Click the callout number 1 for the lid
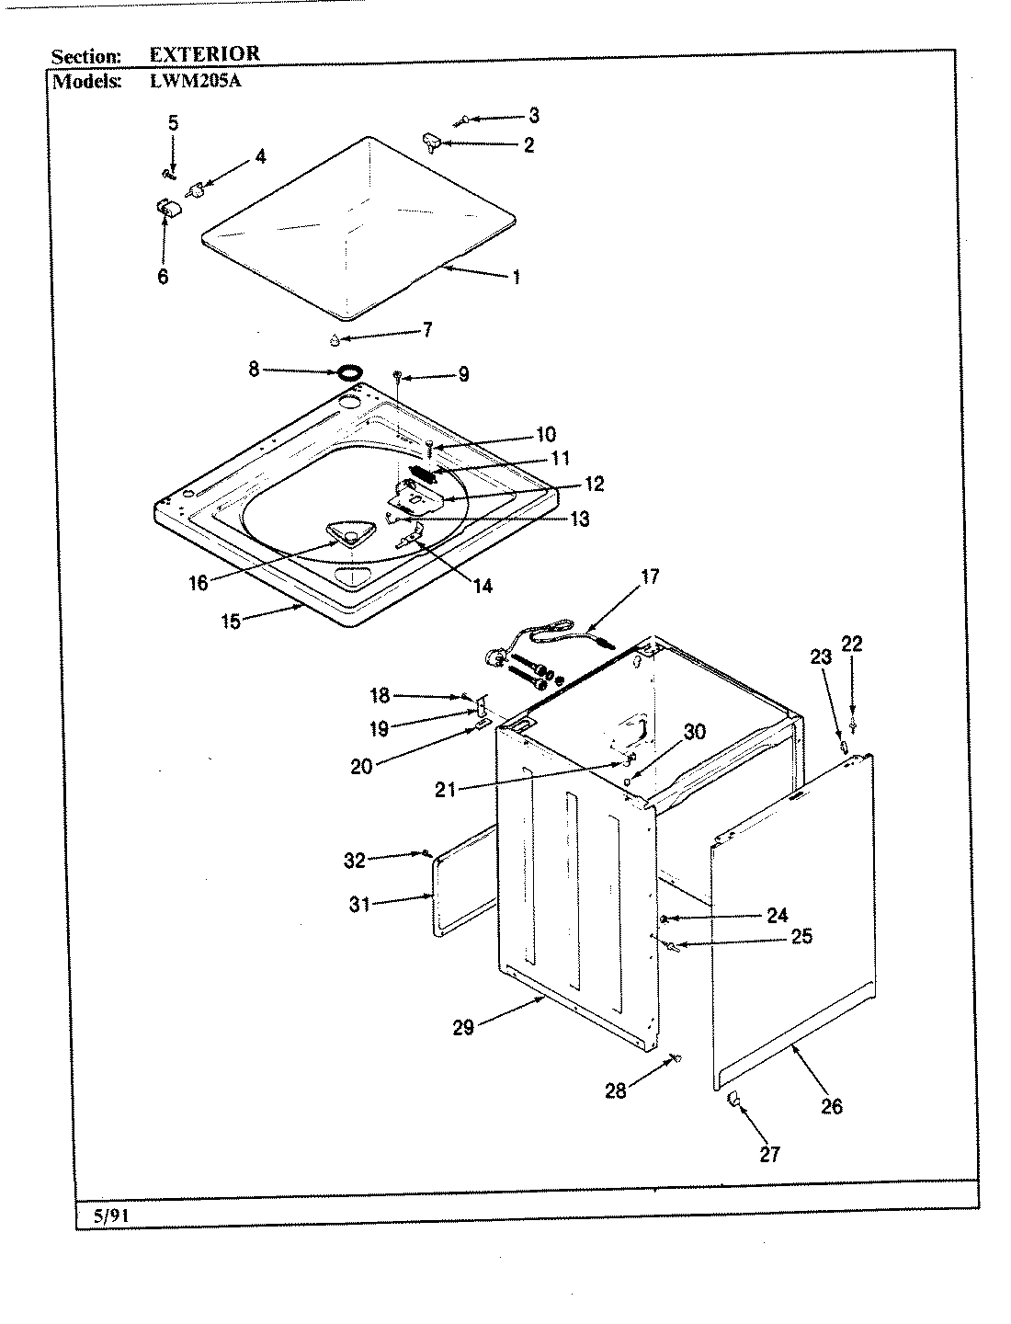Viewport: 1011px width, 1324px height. [516, 277]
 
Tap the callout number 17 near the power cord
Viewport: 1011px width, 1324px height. [650, 577]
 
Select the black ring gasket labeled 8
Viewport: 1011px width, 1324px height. [348, 372]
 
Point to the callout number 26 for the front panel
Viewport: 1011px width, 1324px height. [831, 1106]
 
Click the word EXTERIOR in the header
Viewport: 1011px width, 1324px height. [204, 54]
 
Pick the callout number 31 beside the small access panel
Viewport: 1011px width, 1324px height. [358, 905]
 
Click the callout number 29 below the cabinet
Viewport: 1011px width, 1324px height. [462, 1027]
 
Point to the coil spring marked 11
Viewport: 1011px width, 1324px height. [423, 474]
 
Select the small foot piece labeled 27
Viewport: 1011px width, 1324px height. [734, 1100]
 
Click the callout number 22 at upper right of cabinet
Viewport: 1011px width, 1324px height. [852, 644]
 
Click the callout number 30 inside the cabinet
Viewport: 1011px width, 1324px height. [695, 731]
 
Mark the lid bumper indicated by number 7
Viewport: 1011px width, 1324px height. [335, 341]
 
